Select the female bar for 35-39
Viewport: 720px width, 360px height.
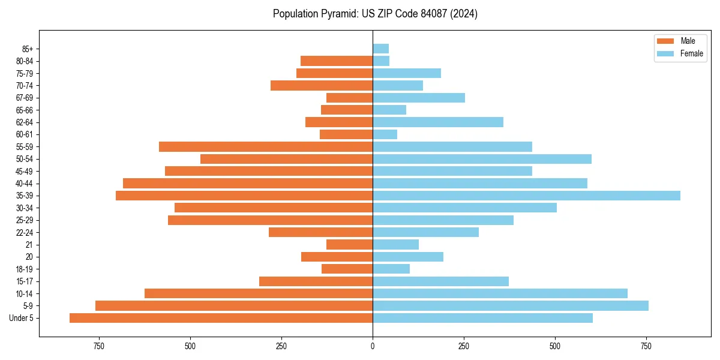(526, 196)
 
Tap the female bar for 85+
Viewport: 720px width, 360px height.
(380, 49)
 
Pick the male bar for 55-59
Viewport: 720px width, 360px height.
(266, 147)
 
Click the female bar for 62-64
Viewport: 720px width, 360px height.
(438, 122)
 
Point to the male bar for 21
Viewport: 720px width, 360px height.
(349, 245)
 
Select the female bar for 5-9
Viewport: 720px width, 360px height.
(511, 306)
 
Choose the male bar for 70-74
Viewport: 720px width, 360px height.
(322, 86)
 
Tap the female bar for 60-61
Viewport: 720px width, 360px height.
(385, 134)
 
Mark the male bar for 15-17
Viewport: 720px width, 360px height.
(316, 281)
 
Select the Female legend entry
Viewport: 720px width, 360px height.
(680, 53)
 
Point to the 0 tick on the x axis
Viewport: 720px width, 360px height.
(373, 346)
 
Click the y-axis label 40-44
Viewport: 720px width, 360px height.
(24, 184)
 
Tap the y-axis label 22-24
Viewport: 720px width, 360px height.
(24, 233)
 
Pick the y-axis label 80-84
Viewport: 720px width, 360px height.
(24, 61)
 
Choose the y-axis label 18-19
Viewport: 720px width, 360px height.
(24, 269)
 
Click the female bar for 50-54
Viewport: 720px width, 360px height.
(482, 159)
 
